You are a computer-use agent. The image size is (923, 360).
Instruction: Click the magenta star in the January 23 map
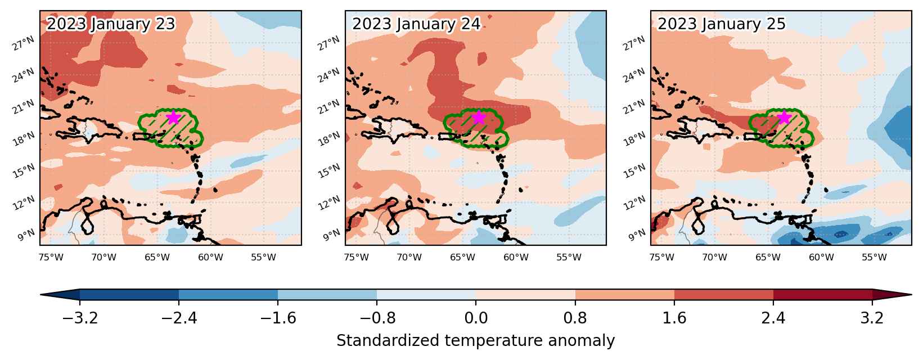173,118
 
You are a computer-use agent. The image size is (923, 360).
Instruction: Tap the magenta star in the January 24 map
479,118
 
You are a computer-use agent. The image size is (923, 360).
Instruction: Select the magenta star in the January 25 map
784,118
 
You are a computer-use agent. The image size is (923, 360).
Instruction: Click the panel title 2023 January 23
111,24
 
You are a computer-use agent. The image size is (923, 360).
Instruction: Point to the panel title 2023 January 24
416,24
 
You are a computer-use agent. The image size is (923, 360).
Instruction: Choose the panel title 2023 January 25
722,24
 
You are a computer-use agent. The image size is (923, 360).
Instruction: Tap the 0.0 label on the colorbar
476,318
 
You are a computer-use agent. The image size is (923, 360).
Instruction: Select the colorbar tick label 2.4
773,318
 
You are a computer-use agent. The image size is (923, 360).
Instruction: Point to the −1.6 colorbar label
278,318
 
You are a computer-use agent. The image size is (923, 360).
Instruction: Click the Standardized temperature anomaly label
475,341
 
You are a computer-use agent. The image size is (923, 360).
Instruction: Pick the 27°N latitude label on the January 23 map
24,43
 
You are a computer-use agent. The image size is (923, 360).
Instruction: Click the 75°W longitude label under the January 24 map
357,258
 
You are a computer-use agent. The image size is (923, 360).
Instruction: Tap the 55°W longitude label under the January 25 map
874,258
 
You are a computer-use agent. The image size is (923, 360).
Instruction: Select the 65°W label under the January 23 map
157,258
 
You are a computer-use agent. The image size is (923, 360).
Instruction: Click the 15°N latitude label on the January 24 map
329,170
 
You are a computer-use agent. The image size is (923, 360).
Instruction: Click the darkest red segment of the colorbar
823,295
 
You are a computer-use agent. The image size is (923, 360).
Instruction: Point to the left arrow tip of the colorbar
41,295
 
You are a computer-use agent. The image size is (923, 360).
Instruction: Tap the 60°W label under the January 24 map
515,258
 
